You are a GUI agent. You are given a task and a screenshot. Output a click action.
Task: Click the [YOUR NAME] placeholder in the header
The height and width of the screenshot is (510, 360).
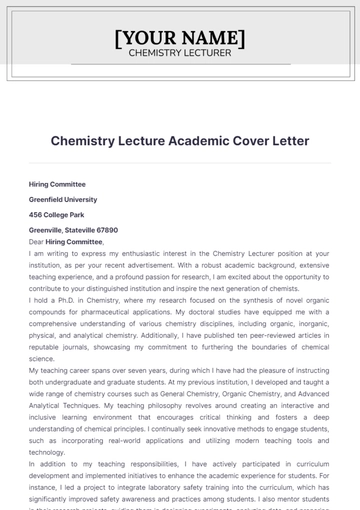(x=180, y=38)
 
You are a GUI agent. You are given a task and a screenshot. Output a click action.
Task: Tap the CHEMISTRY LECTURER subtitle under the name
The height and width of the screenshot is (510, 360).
(x=180, y=53)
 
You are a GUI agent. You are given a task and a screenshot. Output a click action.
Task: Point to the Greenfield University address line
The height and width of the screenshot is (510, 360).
(x=63, y=199)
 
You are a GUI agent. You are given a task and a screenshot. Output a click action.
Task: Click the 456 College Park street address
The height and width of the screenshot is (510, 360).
(x=57, y=214)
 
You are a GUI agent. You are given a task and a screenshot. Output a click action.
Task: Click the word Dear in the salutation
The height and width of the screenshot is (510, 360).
(x=36, y=241)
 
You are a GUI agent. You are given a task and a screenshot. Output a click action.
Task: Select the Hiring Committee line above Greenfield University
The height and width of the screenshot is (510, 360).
(x=57, y=184)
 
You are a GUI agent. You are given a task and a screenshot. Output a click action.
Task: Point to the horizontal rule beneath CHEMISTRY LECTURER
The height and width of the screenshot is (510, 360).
(x=180, y=64)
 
